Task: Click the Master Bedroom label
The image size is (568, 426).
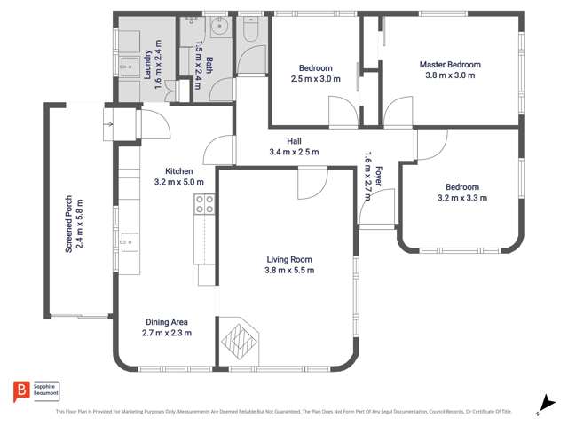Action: tap(450, 65)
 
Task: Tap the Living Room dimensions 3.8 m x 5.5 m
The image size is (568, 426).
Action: tap(289, 271)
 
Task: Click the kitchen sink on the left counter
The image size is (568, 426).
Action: tap(130, 239)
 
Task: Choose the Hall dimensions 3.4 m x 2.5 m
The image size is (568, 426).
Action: tap(294, 153)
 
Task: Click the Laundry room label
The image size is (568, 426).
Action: tap(148, 65)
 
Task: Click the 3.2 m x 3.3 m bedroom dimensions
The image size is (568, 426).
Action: tap(462, 199)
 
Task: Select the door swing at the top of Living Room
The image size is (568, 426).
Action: tap(312, 182)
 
